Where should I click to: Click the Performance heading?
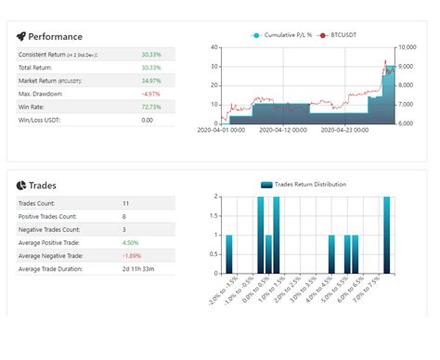(x=57, y=37)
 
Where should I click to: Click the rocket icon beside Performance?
(x=21, y=37)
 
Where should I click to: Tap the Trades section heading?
(x=43, y=186)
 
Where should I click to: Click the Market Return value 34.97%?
(x=150, y=81)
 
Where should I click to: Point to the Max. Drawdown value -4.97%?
(x=150, y=94)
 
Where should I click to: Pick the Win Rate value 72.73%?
(x=150, y=107)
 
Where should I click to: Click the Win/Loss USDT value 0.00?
(x=148, y=120)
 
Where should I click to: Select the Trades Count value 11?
(x=126, y=202)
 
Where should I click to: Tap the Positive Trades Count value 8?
(x=125, y=215)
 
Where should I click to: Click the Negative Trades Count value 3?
(x=125, y=228)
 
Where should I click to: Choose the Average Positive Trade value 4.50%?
(x=131, y=242)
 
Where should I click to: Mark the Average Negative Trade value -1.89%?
(x=132, y=255)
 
